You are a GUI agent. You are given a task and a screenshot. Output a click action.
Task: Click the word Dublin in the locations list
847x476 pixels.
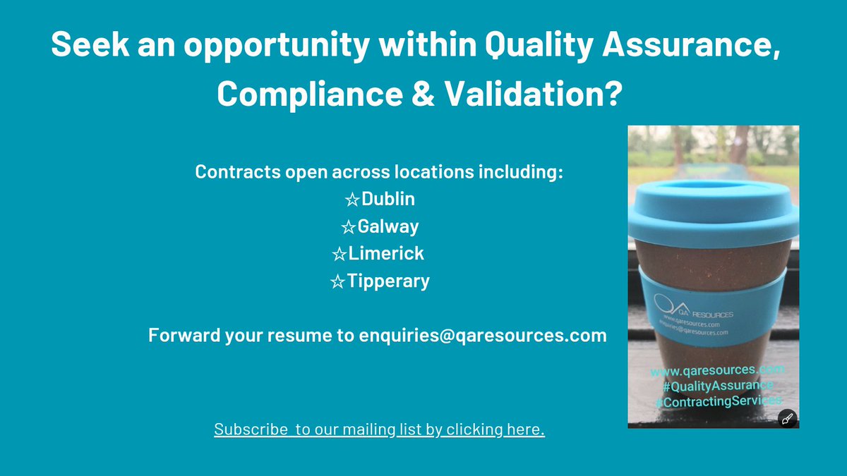tap(388, 199)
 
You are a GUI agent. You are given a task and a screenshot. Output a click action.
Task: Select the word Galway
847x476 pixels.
tap(388, 226)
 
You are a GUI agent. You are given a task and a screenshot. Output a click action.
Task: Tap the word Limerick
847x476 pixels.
tap(386, 253)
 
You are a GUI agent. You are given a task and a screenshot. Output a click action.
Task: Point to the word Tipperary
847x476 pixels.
tap(388, 281)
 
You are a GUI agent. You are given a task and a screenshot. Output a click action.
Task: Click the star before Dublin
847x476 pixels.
tap(352, 200)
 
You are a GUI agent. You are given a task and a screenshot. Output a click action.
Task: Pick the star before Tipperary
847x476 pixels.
tap(337, 282)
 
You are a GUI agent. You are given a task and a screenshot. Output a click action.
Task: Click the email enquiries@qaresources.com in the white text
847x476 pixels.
tap(483, 335)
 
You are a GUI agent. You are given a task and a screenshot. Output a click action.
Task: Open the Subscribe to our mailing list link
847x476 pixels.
tap(379, 429)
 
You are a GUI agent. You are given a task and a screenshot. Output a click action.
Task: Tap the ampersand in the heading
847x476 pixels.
tap(423, 94)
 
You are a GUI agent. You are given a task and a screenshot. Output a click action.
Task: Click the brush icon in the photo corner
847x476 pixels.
tap(788, 418)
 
